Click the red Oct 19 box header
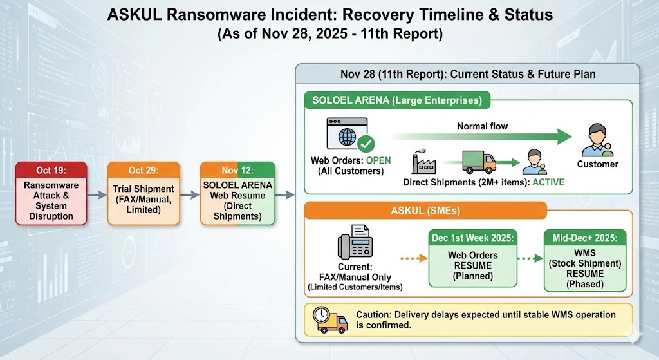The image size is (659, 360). [51, 170]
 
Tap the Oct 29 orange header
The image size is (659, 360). [144, 170]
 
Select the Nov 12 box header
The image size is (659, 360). [237, 170]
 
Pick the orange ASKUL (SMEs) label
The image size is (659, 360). [425, 211]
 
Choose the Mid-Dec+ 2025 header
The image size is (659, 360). [585, 238]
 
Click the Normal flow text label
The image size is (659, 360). [482, 126]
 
